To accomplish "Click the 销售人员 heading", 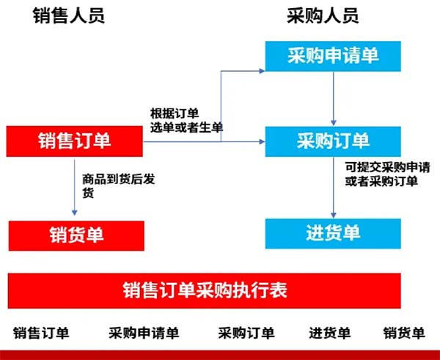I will click(69, 16).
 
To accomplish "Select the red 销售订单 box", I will click(75, 141).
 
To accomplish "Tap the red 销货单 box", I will click(76, 235).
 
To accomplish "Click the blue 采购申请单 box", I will click(333, 56).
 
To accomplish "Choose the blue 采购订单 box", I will click(333, 141).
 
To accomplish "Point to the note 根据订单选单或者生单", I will click(186, 120).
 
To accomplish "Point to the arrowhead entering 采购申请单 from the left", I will click(261, 70).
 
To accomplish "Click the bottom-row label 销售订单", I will click(41, 334).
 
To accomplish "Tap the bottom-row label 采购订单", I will click(246, 334).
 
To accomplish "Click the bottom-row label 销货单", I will click(404, 334).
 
